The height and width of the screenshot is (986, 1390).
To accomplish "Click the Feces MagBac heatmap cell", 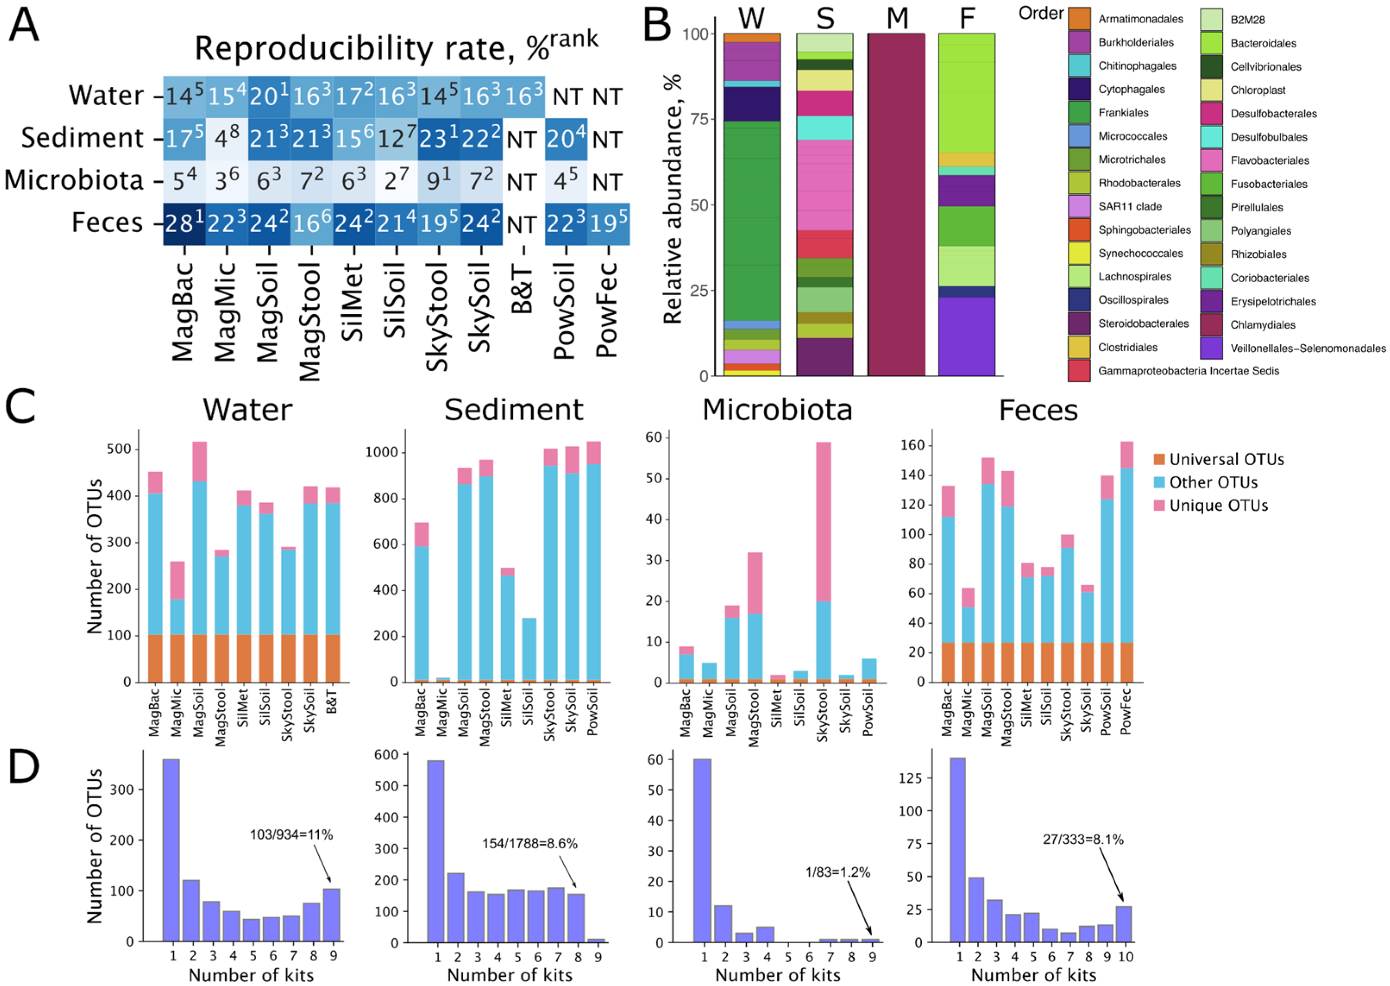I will [184, 224].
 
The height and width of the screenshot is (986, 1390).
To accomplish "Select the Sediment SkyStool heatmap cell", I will [439, 139].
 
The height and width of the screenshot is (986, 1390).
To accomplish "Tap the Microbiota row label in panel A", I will [74, 180].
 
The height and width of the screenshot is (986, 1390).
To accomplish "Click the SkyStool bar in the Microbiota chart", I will [823, 561].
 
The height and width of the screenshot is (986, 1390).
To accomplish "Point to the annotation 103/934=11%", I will [291, 835].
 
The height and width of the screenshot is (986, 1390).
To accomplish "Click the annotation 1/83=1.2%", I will [837, 873].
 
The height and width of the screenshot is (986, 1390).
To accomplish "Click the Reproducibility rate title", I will [395, 47].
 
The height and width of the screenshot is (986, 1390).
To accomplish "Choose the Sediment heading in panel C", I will [513, 410].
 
